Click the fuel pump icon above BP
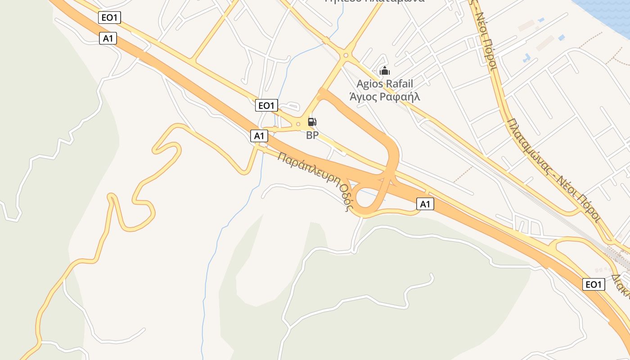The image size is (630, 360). pyautogui.click(x=312, y=122)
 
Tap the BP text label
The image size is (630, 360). pyautogui.click(x=312, y=135)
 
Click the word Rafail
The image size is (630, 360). pyautogui.click(x=400, y=84)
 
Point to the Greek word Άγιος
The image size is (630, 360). pyautogui.click(x=363, y=96)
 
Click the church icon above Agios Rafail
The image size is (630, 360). pyautogui.click(x=385, y=71)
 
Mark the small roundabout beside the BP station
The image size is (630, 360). pyautogui.click(x=298, y=124)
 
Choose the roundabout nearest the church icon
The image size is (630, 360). pyautogui.click(x=346, y=55)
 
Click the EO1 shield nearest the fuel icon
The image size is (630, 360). pyautogui.click(x=266, y=106)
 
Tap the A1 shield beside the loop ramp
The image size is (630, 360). pyautogui.click(x=425, y=204)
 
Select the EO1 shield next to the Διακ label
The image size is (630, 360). pyautogui.click(x=593, y=284)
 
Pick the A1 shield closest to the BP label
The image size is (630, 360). pyautogui.click(x=259, y=135)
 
